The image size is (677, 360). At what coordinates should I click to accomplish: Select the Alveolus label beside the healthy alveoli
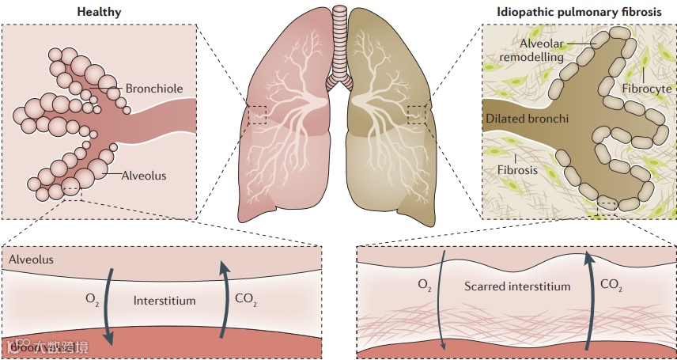(144, 176)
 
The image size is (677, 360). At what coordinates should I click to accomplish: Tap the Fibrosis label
(517, 169)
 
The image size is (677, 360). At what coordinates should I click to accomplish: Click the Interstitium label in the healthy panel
(165, 301)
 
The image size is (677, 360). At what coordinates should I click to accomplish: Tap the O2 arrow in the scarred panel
(444, 301)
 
